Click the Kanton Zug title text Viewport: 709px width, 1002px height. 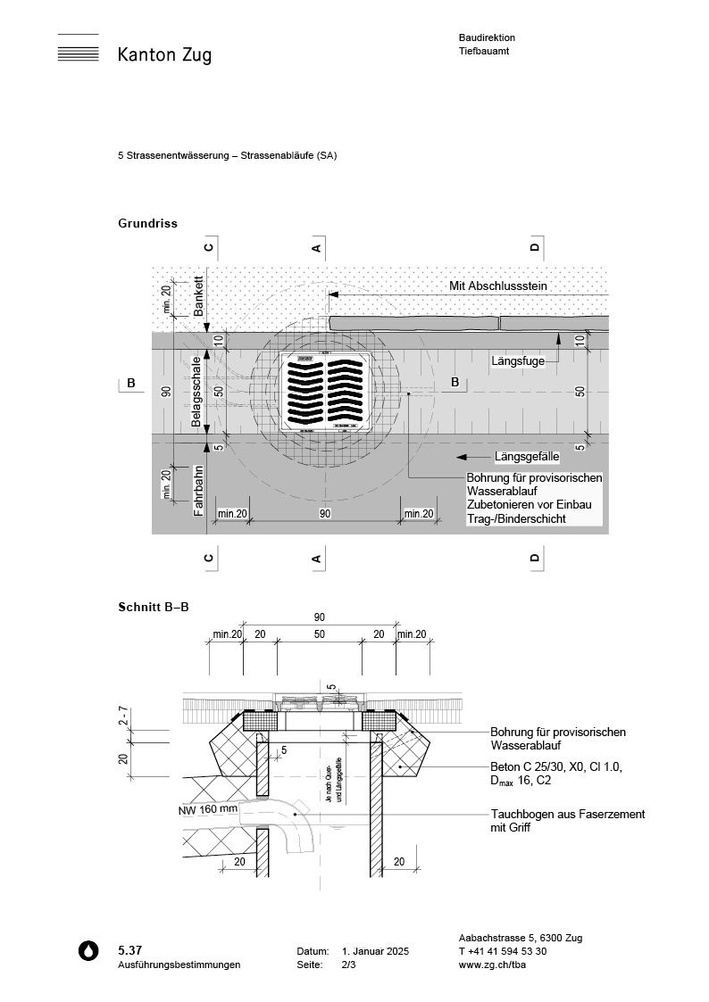click(x=164, y=55)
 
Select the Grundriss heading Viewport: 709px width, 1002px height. click(x=147, y=223)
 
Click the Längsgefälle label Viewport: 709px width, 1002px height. click(x=526, y=456)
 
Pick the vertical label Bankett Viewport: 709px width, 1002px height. click(x=199, y=297)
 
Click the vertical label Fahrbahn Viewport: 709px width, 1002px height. click(x=199, y=492)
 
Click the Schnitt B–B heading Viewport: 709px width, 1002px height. click(x=153, y=607)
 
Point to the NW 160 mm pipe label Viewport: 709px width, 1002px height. click(x=207, y=810)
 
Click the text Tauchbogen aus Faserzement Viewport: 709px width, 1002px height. click(x=567, y=815)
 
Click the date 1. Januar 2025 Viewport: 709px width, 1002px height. click(x=375, y=952)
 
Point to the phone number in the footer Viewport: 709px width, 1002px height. click(x=503, y=951)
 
